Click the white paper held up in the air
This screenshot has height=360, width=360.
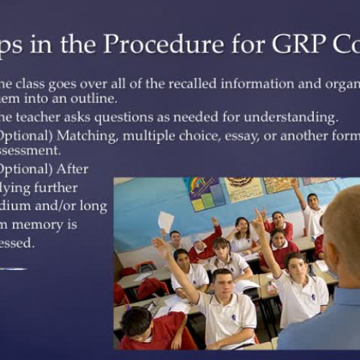pyautogui.click(x=166, y=220)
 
